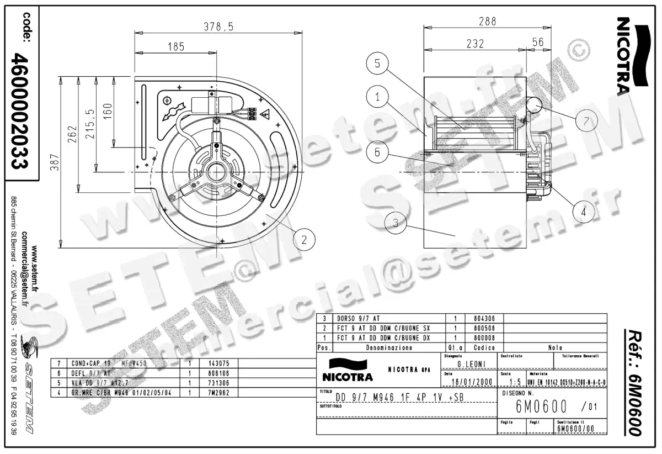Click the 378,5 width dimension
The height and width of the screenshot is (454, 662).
click(218, 27)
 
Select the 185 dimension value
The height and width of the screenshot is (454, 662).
click(176, 47)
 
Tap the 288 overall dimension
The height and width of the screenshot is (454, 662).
click(487, 22)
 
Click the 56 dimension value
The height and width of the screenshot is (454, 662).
click(538, 43)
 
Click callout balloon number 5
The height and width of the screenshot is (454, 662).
click(377, 64)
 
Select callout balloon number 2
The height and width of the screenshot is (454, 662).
click(303, 239)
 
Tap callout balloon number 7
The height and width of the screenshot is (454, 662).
click(586, 120)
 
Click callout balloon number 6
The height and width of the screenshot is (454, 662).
click(377, 152)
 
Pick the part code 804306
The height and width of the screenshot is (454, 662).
click(484, 319)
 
